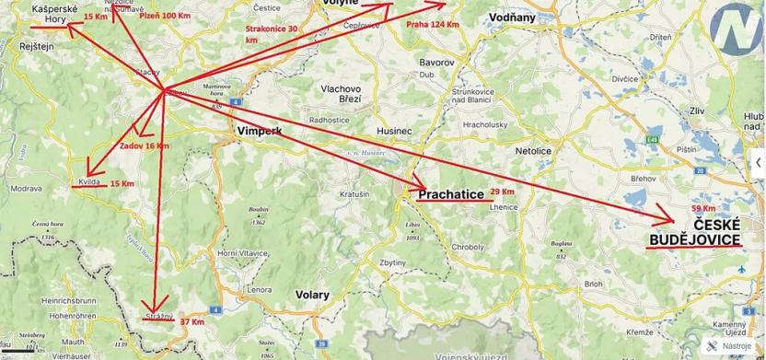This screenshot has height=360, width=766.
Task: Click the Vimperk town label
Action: [x=259, y=132]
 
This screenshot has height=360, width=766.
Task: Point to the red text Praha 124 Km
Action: [x=432, y=25]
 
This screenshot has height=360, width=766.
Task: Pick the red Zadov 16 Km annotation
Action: [x=145, y=145]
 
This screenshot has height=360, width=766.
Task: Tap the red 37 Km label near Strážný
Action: [x=192, y=321]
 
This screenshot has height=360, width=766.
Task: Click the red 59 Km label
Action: [x=702, y=208]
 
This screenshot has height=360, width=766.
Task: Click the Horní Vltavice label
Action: [x=242, y=252]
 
